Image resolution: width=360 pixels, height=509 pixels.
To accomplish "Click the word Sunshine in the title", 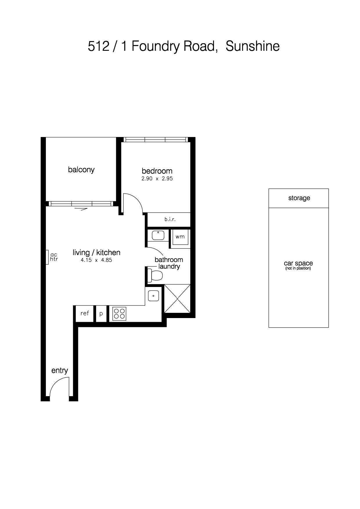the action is [x=253, y=46].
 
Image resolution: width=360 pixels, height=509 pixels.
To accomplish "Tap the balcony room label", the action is [x=81, y=169].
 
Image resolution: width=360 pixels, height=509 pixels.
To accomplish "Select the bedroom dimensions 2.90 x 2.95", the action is [x=157, y=178].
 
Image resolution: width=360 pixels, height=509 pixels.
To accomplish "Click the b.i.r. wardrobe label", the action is [x=170, y=219].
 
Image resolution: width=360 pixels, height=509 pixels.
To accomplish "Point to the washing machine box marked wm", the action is [x=180, y=237].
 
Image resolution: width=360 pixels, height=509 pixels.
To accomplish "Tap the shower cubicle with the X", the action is [x=177, y=299].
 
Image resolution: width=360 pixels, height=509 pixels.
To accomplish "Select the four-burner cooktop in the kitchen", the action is [x=119, y=313].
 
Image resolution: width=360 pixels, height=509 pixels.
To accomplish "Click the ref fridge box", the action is [x=84, y=313].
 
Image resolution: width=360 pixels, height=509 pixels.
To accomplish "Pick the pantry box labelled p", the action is [x=101, y=313].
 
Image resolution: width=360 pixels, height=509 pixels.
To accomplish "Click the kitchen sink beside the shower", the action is [x=154, y=296].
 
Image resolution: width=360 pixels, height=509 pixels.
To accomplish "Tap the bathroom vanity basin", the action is [x=158, y=235].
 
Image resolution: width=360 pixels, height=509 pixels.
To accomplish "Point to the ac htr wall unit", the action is [x=47, y=257].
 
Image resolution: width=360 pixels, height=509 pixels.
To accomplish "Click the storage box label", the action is [x=299, y=198].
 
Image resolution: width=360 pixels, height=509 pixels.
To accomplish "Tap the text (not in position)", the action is [x=298, y=268].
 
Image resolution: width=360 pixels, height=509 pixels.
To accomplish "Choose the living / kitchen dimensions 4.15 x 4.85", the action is [x=96, y=260].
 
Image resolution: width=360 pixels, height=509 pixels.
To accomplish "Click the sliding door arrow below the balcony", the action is [x=81, y=209].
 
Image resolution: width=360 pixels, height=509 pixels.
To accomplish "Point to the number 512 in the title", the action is [x=98, y=46].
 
